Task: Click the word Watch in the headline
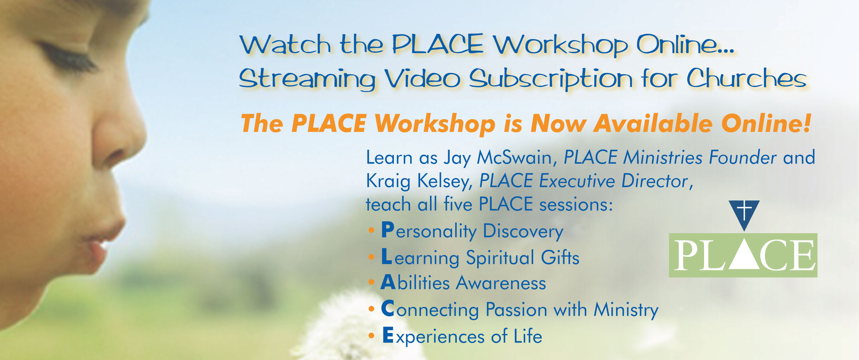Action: pos(285,44)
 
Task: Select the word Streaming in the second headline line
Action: pos(307,79)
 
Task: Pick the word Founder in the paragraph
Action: pos(743,157)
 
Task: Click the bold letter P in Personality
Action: pos(388,230)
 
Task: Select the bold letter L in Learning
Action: pos(387,257)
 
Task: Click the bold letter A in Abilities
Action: pos(389,282)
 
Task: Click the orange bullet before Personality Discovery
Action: pos(371,230)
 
